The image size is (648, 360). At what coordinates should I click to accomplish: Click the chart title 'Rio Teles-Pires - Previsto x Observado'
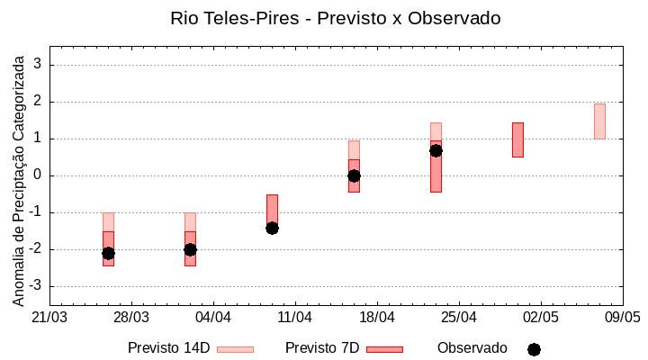[x=336, y=18]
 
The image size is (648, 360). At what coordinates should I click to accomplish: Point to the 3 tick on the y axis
[x=39, y=65]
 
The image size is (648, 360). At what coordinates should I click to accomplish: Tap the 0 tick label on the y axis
[x=39, y=175]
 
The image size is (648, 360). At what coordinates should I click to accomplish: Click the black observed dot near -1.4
[x=272, y=228]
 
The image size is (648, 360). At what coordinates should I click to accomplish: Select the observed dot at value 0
[x=354, y=175]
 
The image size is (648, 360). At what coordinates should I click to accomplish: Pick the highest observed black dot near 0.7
[x=436, y=150]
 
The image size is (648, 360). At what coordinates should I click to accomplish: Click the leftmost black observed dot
[x=108, y=253]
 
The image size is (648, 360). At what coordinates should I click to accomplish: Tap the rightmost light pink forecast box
[x=599, y=121]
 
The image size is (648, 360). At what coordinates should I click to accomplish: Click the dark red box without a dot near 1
[x=517, y=139]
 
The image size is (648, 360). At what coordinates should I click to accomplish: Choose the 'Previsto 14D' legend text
[x=168, y=348]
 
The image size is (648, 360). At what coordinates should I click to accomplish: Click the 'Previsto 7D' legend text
[x=322, y=348]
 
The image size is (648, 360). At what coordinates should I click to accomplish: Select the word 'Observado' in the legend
[x=472, y=348]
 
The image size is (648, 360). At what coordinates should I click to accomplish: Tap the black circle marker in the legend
[x=534, y=349]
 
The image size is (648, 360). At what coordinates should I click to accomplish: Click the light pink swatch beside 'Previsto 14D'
[x=235, y=349]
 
